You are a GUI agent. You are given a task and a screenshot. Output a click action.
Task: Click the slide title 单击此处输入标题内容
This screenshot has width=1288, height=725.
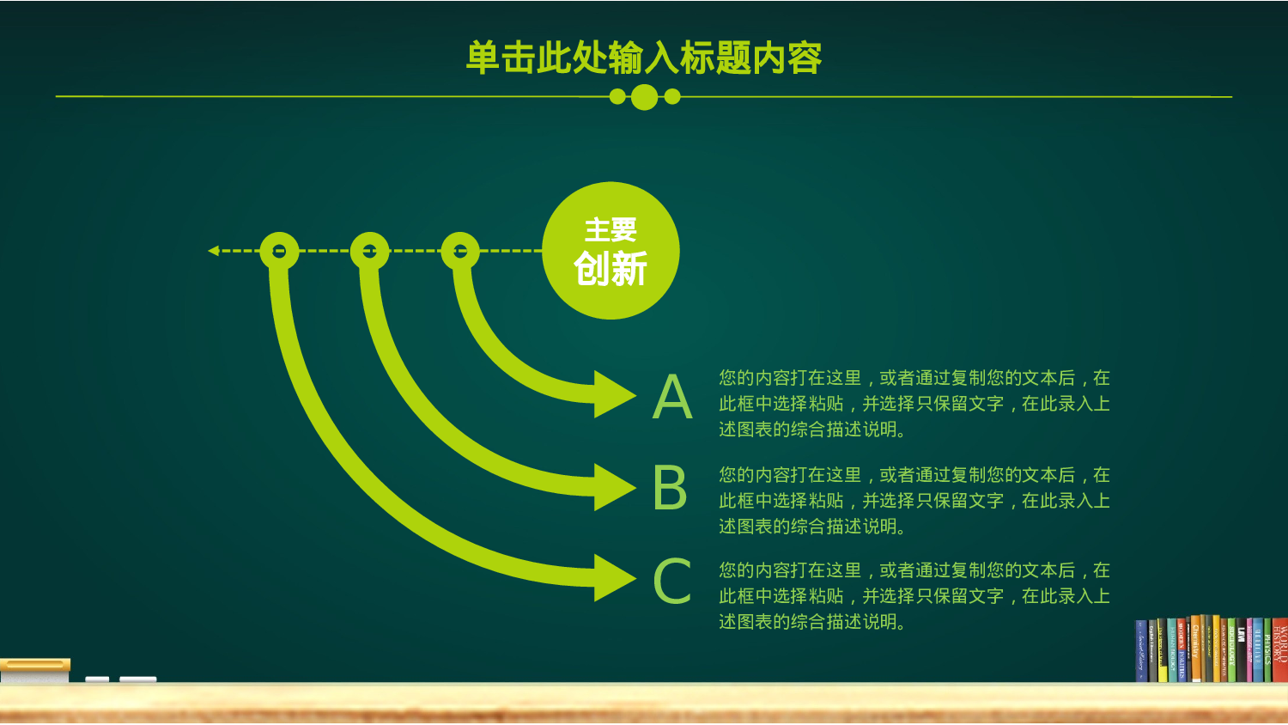[x=644, y=58]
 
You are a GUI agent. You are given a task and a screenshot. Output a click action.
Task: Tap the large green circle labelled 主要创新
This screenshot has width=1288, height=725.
[x=611, y=251]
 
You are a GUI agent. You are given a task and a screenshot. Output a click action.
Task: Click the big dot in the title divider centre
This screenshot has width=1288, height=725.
[x=644, y=97]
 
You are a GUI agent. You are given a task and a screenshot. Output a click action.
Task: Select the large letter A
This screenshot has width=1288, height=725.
[x=672, y=397]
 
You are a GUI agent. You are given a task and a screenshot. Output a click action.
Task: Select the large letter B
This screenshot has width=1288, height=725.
[x=670, y=488]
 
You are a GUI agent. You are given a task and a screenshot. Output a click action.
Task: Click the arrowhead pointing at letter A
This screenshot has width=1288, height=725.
[x=615, y=394]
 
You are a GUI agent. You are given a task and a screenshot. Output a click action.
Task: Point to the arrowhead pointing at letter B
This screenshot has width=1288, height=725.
[x=615, y=487]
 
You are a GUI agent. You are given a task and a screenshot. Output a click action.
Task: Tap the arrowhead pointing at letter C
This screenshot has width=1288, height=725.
[x=615, y=578]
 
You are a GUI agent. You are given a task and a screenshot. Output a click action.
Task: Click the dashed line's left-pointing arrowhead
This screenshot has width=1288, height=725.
[x=214, y=251]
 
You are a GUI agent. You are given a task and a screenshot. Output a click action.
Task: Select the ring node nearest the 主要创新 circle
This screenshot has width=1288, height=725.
[x=460, y=251]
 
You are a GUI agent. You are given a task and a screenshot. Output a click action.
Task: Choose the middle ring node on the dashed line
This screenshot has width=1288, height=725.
[x=370, y=251]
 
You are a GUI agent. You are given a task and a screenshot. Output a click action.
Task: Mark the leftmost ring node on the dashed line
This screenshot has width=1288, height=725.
[x=279, y=251]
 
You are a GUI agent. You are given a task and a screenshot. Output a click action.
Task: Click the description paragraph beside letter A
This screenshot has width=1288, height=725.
[x=914, y=403]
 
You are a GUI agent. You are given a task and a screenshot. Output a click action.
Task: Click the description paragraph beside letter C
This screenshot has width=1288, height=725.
[x=914, y=595]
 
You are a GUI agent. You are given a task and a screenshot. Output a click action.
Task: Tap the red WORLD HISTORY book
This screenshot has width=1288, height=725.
[x=1279, y=649]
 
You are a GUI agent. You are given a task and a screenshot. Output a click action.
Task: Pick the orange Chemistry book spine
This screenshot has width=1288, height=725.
[x=1195, y=649]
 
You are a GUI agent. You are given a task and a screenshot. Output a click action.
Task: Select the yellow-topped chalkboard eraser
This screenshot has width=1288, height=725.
[x=35, y=670]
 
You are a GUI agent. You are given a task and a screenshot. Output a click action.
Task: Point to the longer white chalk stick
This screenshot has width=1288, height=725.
[x=137, y=679]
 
